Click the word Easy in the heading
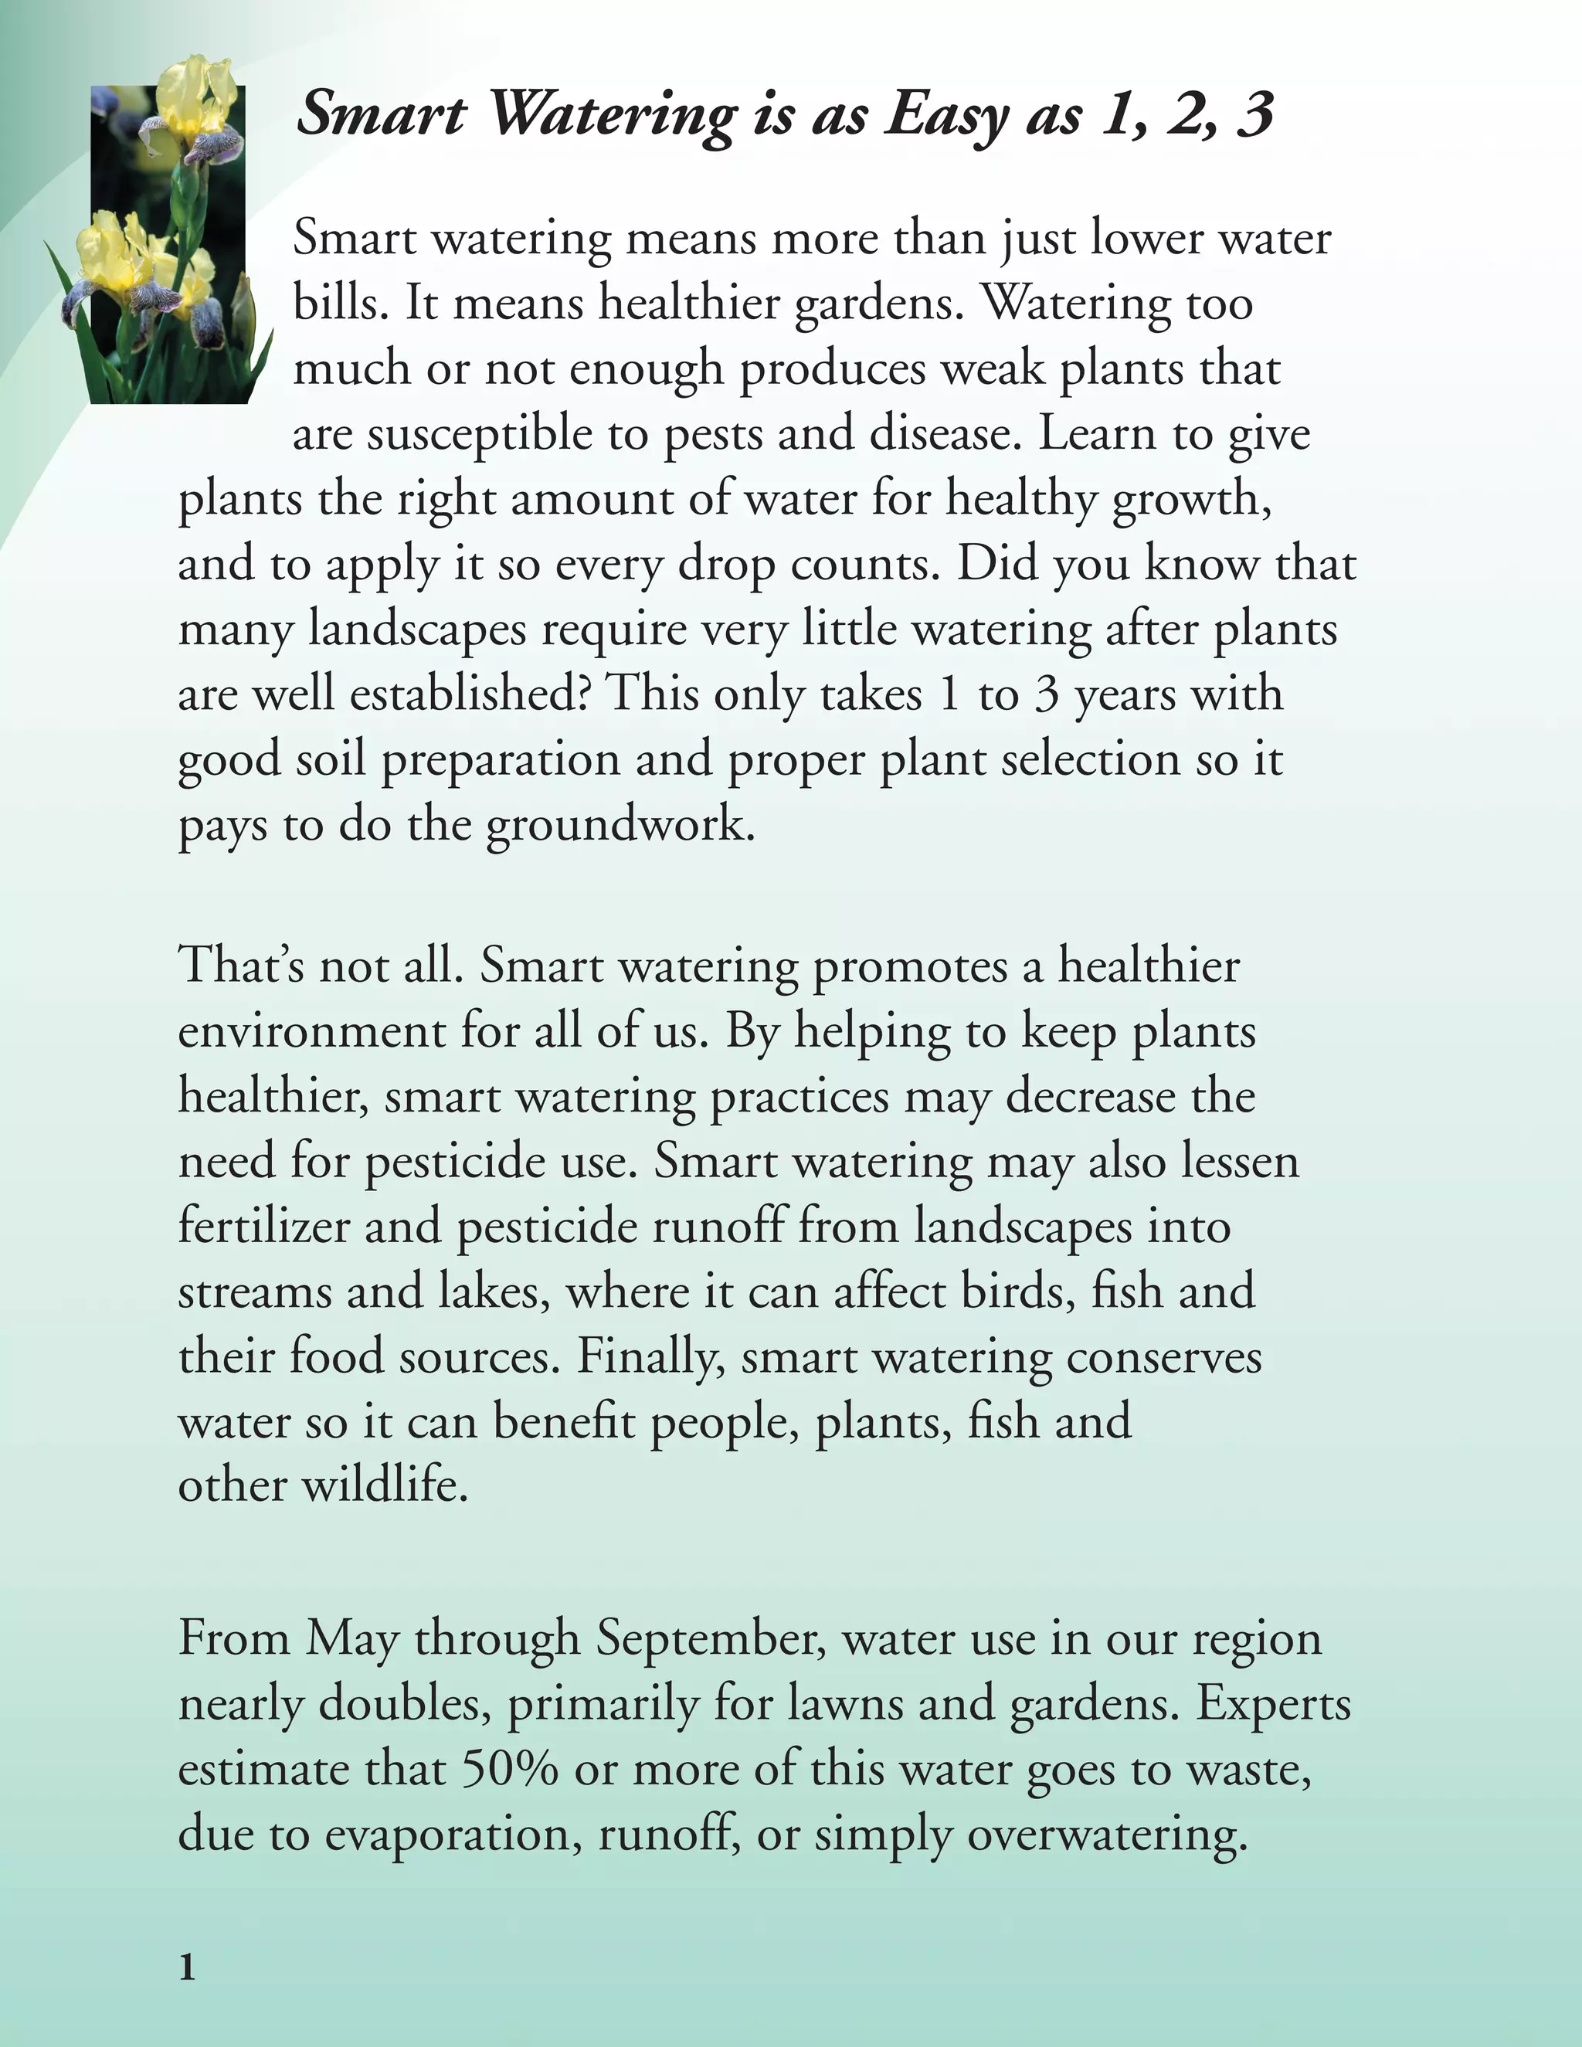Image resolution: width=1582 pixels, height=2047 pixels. coord(946,114)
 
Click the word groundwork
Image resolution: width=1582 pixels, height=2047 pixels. coord(620,825)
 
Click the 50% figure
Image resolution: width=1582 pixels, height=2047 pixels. coord(510,1769)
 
